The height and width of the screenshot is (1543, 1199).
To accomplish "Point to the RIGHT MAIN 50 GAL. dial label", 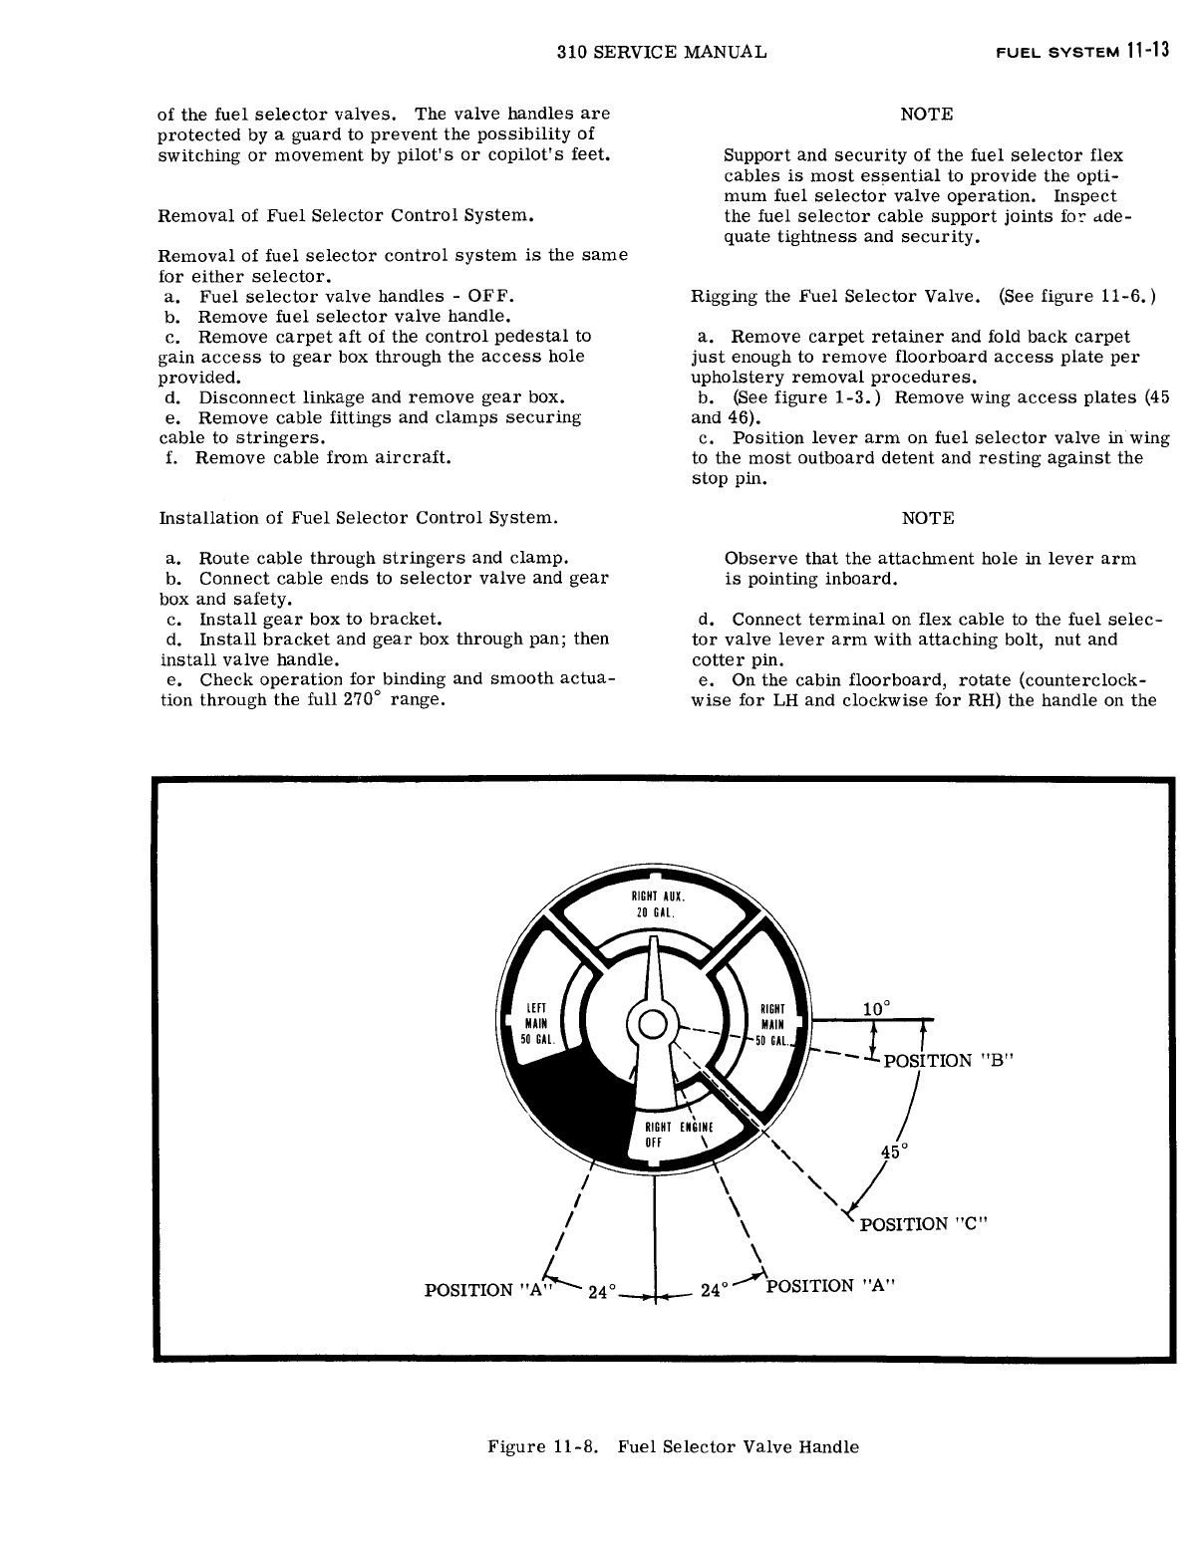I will (772, 1023).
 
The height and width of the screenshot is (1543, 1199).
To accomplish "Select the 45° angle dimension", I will (891, 1153).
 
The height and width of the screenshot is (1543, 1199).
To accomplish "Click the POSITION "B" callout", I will (947, 1060).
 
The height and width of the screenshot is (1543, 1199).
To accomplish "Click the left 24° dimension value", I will (604, 1293).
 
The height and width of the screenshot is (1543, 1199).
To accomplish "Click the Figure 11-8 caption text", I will (665, 1446).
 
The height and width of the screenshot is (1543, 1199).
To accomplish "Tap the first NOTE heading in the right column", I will (926, 115).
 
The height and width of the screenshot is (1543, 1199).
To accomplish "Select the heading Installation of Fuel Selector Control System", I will (358, 518).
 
